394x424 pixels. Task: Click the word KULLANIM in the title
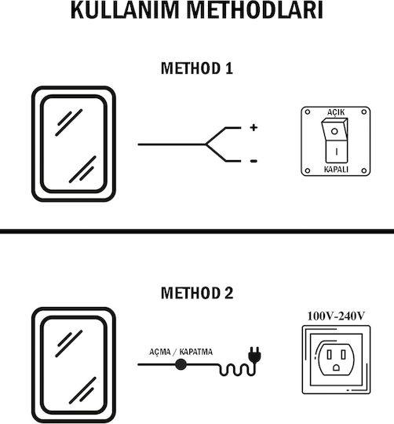pos(125,10)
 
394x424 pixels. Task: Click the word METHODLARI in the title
pos(254,10)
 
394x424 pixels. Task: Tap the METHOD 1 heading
pos(197,68)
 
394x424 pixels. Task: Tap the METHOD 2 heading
pos(197,293)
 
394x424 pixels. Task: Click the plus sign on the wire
pos(254,127)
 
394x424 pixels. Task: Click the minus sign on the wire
pos(254,161)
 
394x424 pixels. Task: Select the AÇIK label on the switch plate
pos(336,112)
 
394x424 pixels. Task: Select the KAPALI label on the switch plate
pos(336,170)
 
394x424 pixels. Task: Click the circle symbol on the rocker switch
pos(334,131)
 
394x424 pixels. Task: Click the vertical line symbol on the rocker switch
pos(337,152)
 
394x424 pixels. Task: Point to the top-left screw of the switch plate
pos(308,111)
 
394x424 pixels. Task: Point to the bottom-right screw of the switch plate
pos(364,170)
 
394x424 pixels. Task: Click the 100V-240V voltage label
pos(336,316)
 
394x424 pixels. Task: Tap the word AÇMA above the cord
pos(160,352)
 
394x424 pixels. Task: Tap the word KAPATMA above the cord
pos(196,352)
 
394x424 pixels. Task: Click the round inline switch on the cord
pos(181,364)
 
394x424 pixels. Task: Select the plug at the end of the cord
pos(254,354)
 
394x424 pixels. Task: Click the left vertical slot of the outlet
pos(329,355)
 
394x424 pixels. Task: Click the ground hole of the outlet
pos(336,367)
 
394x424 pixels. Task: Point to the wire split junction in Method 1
pos(206,144)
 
